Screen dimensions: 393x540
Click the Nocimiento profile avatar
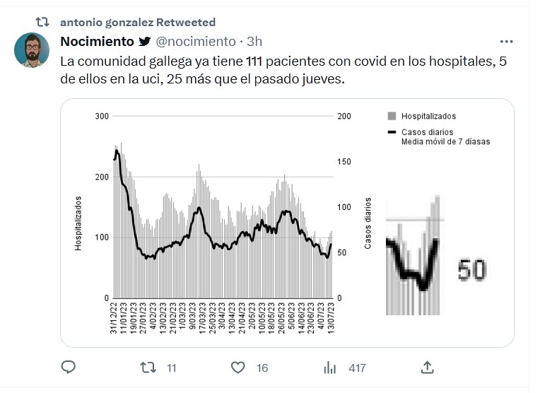[x=32, y=50]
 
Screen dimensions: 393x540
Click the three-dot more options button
[x=506, y=42]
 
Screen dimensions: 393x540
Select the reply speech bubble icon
[x=69, y=368]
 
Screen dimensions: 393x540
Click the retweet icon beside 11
[x=148, y=368]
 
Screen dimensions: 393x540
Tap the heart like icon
[x=238, y=368]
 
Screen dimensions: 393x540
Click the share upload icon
[x=427, y=368]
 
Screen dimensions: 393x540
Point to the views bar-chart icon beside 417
[x=329, y=368]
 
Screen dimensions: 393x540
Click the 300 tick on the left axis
[x=102, y=117]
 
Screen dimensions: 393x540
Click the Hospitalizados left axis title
[x=79, y=223]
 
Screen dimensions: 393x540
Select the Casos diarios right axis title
[x=368, y=223]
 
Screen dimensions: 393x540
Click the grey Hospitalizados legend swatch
[x=392, y=117]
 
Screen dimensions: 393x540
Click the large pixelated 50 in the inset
[x=471, y=270]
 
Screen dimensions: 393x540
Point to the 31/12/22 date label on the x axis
[x=113, y=317]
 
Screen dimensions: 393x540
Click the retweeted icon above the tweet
[x=42, y=23]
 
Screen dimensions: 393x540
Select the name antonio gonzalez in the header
[x=105, y=23]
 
